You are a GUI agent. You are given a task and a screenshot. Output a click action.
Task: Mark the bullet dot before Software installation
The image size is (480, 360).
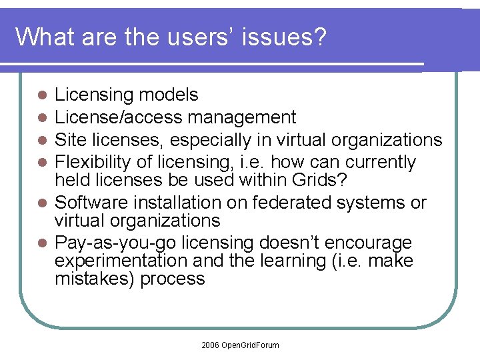(42, 203)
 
